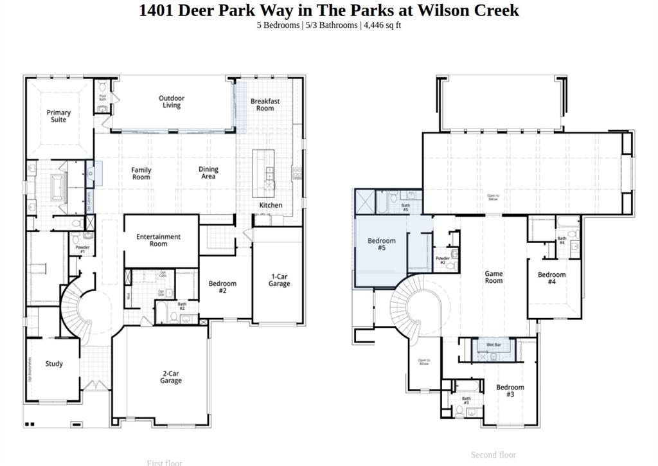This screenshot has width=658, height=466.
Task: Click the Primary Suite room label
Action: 58,116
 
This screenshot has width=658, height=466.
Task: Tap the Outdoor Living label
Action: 172,102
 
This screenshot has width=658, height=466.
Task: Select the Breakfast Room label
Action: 265,105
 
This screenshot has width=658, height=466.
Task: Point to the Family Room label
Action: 141,174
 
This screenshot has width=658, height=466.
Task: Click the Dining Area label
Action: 208,173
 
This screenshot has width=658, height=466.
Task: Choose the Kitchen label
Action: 271,205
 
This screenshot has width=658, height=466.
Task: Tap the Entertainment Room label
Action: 159,240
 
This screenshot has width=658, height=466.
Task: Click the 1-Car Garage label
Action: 279,280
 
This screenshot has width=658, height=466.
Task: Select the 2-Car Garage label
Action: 171,377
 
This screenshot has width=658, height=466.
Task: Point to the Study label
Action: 54,364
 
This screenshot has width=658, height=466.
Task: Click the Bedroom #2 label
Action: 222,287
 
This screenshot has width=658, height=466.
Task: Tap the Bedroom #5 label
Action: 382,244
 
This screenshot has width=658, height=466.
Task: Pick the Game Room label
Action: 493,277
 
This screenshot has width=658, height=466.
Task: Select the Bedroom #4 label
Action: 551,278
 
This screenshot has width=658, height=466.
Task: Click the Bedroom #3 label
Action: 510,391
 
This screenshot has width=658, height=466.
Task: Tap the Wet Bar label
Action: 493,345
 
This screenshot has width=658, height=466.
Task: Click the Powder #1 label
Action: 82,249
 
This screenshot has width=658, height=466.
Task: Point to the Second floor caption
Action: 493,455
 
